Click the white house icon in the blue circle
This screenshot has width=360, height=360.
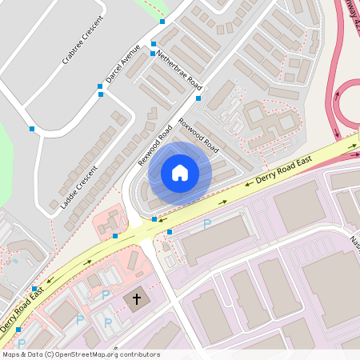[180, 173]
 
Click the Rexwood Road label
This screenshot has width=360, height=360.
[154, 145]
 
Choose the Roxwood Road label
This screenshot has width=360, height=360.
[198, 136]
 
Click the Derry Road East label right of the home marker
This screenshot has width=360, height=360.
[283, 170]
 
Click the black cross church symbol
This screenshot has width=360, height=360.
[137, 299]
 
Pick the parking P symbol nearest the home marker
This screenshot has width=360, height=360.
[206, 223]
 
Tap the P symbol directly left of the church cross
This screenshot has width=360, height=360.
[106, 295]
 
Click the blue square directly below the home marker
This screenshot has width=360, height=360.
[154, 218]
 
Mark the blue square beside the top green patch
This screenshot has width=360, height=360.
[162, 22]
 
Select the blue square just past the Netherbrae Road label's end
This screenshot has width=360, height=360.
[198, 98]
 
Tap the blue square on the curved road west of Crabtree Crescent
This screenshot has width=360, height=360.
[32, 128]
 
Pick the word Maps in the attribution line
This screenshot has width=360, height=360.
[12, 354]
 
